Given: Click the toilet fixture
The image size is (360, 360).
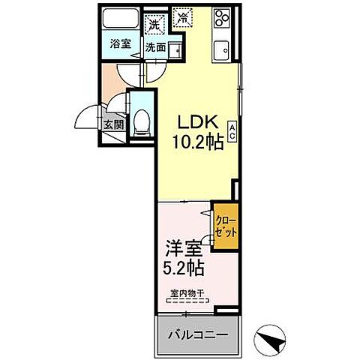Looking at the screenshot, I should point(140,126).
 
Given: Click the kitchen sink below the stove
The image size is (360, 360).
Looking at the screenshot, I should point(223,50).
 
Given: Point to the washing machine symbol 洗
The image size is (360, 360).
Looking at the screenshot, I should point(154,25).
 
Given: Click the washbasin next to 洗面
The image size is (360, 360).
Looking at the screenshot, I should point(175,49).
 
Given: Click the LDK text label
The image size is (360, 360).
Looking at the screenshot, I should point(194,121).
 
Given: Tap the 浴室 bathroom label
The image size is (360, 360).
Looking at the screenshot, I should point(121,43).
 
